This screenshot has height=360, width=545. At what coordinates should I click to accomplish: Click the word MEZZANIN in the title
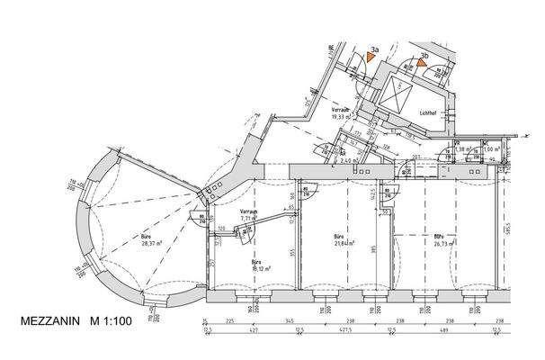click(49, 321)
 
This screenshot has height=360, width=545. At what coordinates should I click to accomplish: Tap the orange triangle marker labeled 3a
click(371, 56)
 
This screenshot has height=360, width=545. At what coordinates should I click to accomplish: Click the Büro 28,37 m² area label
click(146, 240)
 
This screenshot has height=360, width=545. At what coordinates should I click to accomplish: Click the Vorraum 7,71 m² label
click(249, 214)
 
